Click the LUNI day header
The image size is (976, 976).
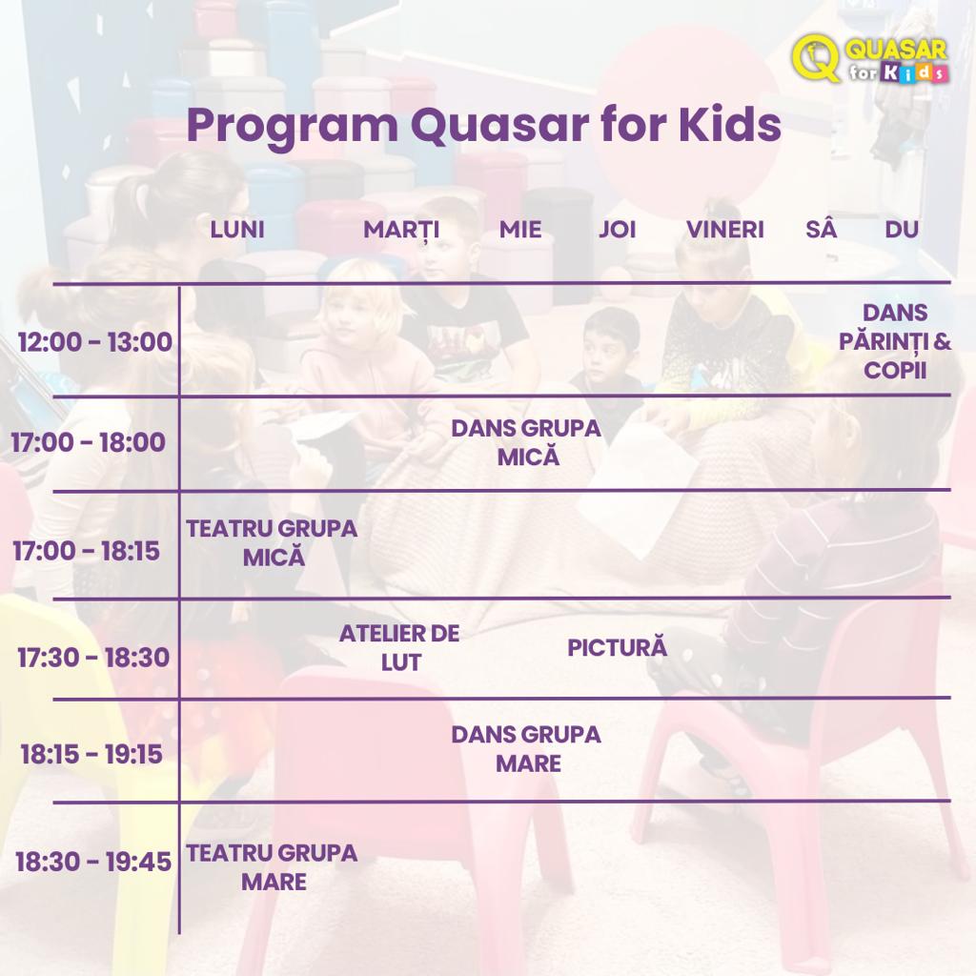pyautogui.click(x=237, y=230)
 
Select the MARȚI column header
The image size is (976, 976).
pyautogui.click(x=401, y=231)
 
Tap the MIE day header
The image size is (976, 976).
pyautogui.click(x=520, y=230)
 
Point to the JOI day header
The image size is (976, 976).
pyautogui.click(x=617, y=230)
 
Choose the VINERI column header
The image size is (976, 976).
pyautogui.click(x=725, y=230)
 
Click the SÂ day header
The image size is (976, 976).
pyautogui.click(x=821, y=228)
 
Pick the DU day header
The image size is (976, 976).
pyautogui.click(x=902, y=230)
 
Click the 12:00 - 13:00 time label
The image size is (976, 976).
pyautogui.click(x=95, y=342)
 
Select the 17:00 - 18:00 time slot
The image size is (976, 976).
pyautogui.click(x=89, y=442)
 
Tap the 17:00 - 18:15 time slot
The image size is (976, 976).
pyautogui.click(x=87, y=551)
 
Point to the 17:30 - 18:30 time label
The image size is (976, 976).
pyautogui.click(x=93, y=658)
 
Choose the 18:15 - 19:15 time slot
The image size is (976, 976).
pyautogui.click(x=91, y=755)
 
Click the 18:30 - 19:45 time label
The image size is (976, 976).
pyautogui.click(x=93, y=862)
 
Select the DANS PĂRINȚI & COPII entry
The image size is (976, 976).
pyautogui.click(x=895, y=341)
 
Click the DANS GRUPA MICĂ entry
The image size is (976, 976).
pyautogui.click(x=526, y=442)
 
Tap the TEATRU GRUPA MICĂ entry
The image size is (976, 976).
pyautogui.click(x=272, y=542)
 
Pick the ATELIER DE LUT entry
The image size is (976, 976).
pyautogui.click(x=399, y=648)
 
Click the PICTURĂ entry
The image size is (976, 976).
pyautogui.click(x=617, y=648)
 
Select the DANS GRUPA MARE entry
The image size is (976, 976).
pyautogui.click(x=526, y=749)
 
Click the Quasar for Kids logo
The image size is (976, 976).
pyautogui.click(x=870, y=58)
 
